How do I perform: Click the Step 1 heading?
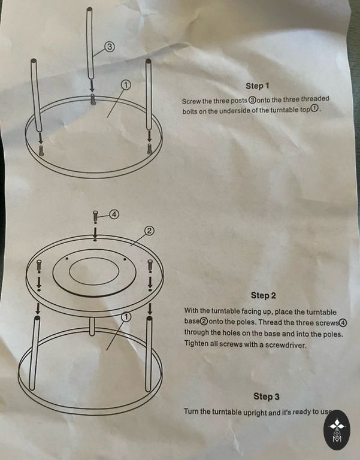[258, 86]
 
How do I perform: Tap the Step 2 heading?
[264, 295]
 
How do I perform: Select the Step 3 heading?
[267, 397]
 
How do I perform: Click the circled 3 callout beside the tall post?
[109, 46]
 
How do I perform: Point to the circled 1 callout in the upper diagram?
[126, 85]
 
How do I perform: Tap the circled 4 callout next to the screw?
[114, 214]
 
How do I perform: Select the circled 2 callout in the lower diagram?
[149, 231]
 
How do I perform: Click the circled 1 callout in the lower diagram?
[126, 317]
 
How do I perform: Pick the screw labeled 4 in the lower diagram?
[95, 217]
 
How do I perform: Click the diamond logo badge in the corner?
[337, 430]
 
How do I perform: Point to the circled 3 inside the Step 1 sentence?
[252, 100]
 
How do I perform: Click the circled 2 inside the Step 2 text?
[204, 322]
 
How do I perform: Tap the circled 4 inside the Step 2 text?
[343, 323]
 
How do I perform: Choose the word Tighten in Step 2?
[196, 343]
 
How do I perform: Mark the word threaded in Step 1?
[315, 99]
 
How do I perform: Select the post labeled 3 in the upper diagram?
[90, 43]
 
